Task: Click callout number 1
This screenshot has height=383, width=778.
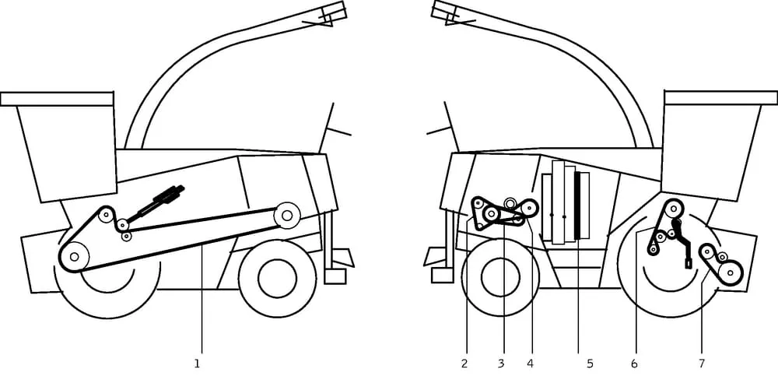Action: point(198,363)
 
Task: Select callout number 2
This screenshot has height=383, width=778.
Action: point(464,363)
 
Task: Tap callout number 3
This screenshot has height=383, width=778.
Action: point(501,363)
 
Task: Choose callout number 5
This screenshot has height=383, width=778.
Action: point(589,363)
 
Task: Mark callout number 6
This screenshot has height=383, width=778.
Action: point(634,363)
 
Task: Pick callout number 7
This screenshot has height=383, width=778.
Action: point(701,363)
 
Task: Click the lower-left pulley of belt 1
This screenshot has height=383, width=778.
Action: point(75,256)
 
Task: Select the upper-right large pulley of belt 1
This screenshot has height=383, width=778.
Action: point(287,214)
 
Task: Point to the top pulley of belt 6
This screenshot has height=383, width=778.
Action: point(673,209)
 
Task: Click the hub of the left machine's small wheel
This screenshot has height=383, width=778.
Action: point(277,279)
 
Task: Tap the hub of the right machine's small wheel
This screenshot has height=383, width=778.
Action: point(499,276)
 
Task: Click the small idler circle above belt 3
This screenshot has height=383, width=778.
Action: point(510,203)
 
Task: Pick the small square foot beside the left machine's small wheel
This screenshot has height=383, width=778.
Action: point(335,276)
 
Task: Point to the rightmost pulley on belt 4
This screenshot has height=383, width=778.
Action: point(530,208)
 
